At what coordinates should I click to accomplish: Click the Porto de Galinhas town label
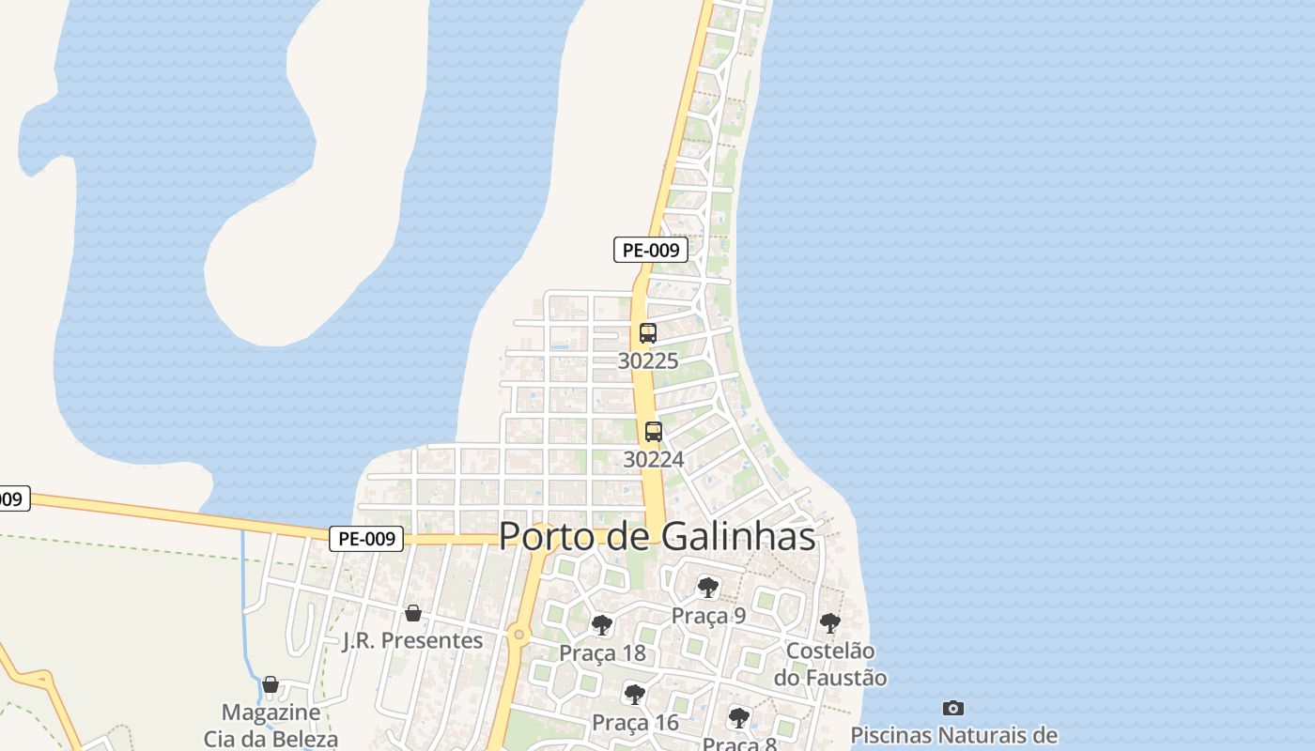pyautogui.click(x=657, y=536)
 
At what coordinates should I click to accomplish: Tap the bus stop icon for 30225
pyautogui.click(x=647, y=332)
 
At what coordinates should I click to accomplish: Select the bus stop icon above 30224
pyautogui.click(x=654, y=432)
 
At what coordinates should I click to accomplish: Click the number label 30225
pyautogui.click(x=647, y=360)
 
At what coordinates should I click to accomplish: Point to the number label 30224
pyautogui.click(x=654, y=459)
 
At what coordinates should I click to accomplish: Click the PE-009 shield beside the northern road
pyautogui.click(x=651, y=250)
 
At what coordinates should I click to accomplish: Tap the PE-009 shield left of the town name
pyautogui.click(x=366, y=539)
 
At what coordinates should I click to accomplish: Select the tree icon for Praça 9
pyautogui.click(x=708, y=588)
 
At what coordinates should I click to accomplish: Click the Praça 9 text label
pyautogui.click(x=708, y=616)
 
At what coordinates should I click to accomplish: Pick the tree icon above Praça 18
pyautogui.click(x=602, y=624)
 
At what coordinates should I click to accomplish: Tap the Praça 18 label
pyautogui.click(x=602, y=652)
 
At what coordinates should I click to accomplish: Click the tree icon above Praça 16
pyautogui.click(x=635, y=695)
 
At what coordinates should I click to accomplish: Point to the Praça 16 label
pyautogui.click(x=635, y=722)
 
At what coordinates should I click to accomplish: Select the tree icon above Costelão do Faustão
pyautogui.click(x=829, y=622)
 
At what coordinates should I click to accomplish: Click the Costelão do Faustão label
pyautogui.click(x=830, y=664)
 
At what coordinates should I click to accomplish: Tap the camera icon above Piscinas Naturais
pyautogui.click(x=953, y=708)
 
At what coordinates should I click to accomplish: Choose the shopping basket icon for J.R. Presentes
pyautogui.click(x=412, y=613)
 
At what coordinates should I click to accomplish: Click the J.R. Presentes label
pyautogui.click(x=412, y=640)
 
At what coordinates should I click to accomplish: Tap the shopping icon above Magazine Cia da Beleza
pyautogui.click(x=271, y=684)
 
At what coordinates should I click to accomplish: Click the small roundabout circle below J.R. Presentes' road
pyautogui.click(x=518, y=636)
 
